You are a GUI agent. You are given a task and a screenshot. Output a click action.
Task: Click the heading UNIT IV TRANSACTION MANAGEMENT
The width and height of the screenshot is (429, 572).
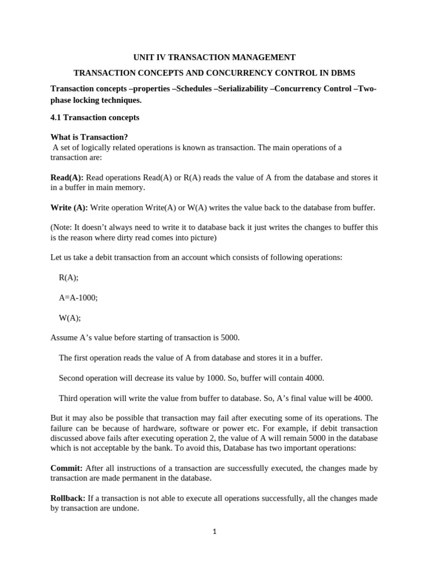214,57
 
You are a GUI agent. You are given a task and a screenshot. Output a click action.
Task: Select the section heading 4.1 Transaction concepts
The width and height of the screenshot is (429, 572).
94,118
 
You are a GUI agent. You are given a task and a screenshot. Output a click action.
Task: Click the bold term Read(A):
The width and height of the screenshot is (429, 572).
66,177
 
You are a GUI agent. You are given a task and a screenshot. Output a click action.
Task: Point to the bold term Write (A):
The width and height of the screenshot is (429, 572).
69,208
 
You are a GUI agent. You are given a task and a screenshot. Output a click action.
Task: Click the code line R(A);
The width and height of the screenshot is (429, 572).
68,278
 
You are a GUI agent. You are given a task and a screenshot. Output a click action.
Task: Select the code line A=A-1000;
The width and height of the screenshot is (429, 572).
78,298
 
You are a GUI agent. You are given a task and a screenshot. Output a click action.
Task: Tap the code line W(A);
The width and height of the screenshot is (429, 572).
70,318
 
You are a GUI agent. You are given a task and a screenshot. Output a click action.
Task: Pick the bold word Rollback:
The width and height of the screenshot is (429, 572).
68,498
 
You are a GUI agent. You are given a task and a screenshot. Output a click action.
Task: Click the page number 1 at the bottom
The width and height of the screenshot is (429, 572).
214,532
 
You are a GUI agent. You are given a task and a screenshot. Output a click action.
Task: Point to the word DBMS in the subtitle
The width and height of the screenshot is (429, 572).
341,73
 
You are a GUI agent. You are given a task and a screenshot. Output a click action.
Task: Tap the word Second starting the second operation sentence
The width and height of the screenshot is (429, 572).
73,378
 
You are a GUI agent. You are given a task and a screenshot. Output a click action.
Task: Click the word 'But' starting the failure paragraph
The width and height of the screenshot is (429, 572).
58,418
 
